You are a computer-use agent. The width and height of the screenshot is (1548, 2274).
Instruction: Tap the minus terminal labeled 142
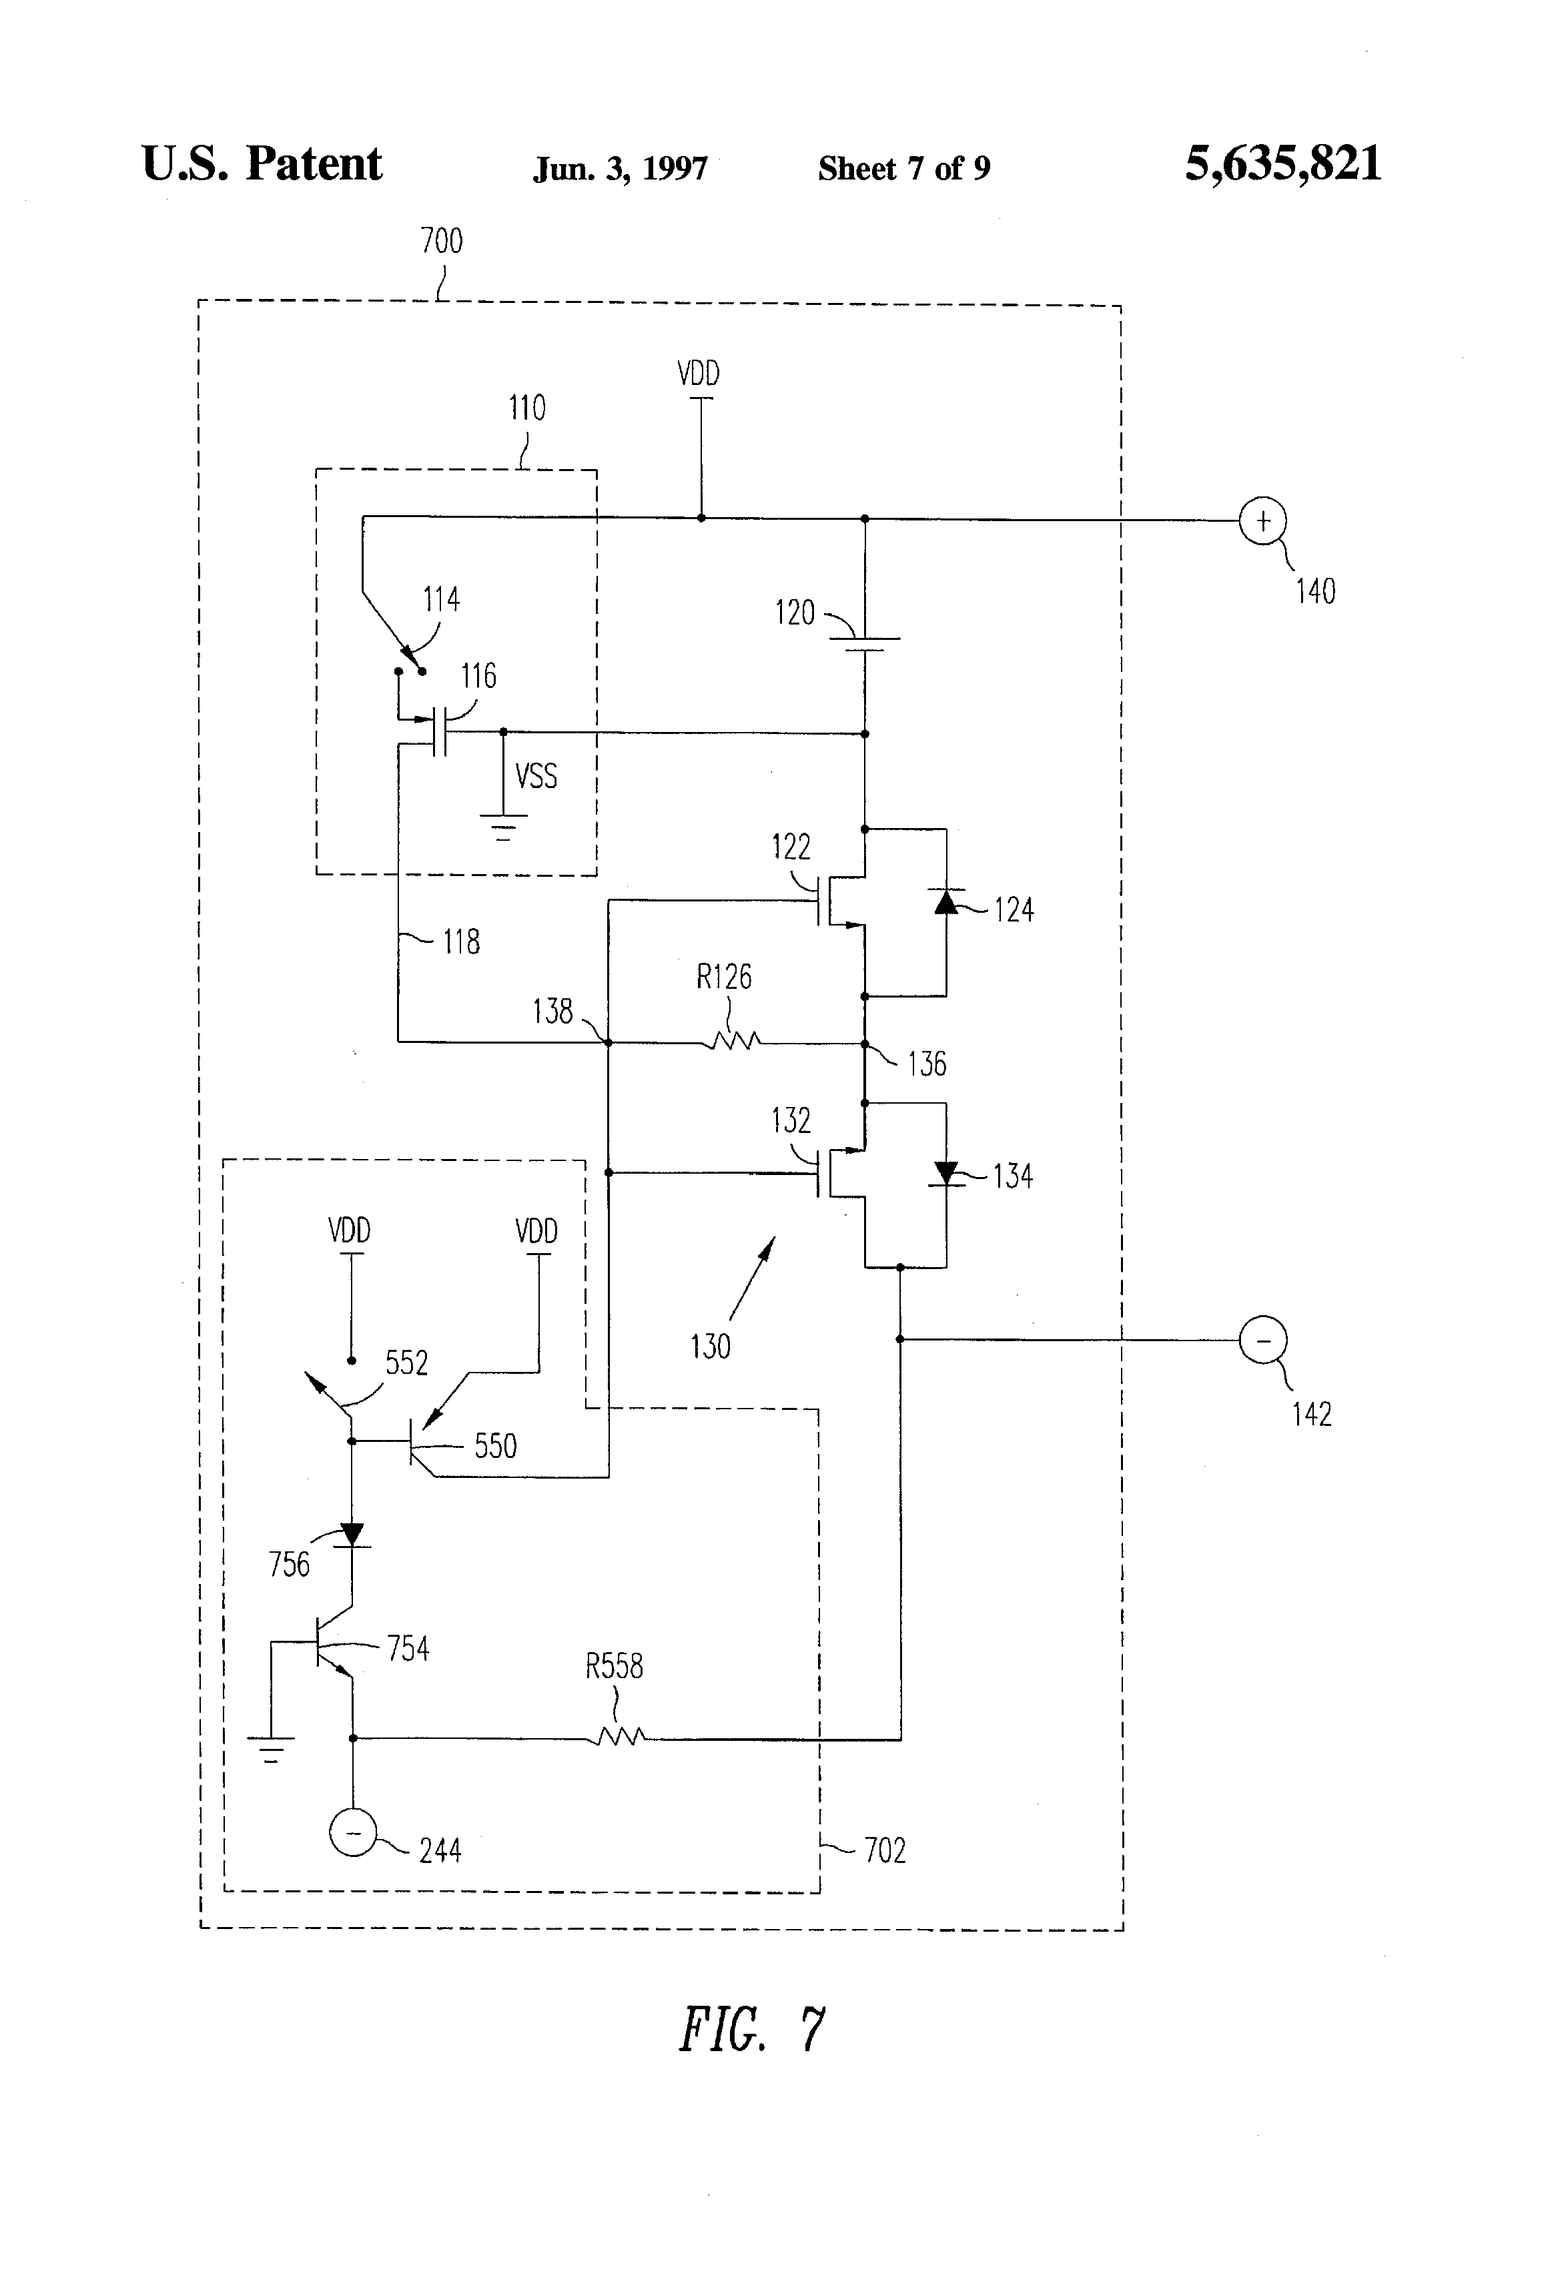pos(1262,1340)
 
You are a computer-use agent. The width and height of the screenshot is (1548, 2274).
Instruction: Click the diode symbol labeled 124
pos(946,901)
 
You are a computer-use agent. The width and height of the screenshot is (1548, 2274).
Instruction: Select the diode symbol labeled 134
pos(946,1172)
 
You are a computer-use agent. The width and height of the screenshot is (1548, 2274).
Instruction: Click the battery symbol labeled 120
pos(864,643)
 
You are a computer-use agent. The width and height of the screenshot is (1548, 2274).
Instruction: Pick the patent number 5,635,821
pos(1283,163)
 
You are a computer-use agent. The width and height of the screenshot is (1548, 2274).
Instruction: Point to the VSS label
pos(536,776)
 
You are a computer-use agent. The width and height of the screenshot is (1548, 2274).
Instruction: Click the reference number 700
pos(441,241)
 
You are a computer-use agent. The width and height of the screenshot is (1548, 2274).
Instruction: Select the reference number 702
pos(885,1850)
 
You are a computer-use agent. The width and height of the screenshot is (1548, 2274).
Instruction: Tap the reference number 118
pos(461,941)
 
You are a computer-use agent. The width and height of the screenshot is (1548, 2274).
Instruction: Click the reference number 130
pos(711,1347)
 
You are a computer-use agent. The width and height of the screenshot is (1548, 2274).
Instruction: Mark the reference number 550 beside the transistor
pos(495,1446)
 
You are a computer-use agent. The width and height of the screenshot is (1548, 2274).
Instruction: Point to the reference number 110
pos(526,408)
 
